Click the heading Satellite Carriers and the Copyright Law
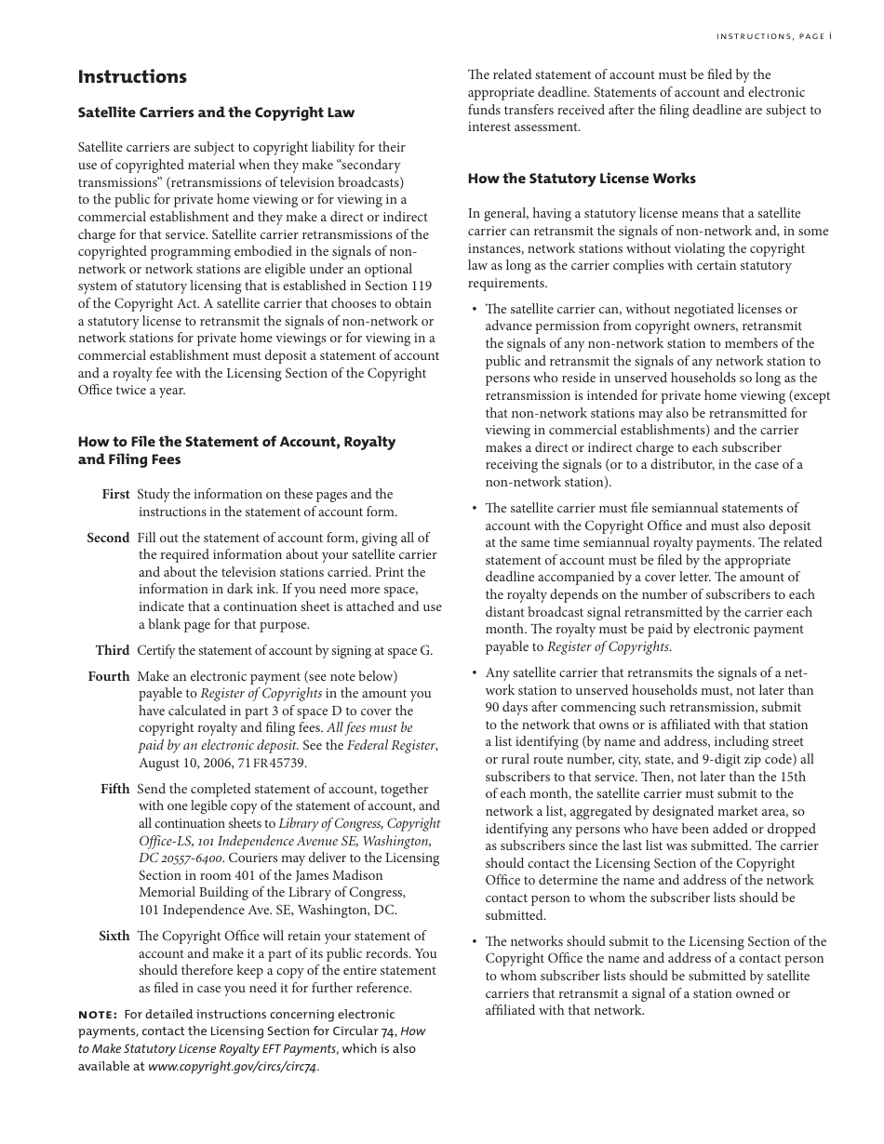(x=216, y=113)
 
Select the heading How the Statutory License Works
(x=581, y=179)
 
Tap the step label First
(x=115, y=495)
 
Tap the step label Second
(x=108, y=539)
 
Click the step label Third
(x=112, y=651)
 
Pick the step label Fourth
(x=109, y=677)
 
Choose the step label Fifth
(x=115, y=790)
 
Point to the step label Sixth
(x=114, y=937)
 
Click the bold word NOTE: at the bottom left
(x=98, y=1015)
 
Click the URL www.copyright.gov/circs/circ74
(x=233, y=1067)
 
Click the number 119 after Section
(x=421, y=286)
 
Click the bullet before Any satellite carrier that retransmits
(x=475, y=673)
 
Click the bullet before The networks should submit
(x=475, y=942)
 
